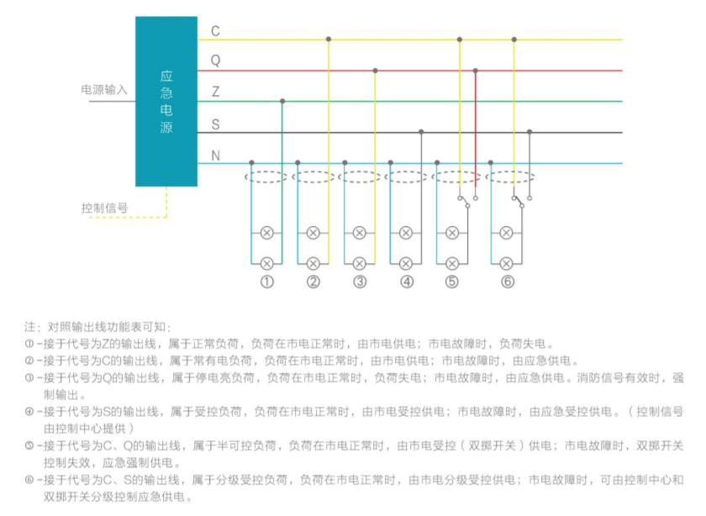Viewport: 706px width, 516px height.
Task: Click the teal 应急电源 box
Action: (x=166, y=102)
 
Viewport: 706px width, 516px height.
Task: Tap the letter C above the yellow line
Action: (x=216, y=31)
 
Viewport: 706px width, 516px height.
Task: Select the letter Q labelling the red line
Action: (x=216, y=61)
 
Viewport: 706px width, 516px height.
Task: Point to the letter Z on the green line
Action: (x=216, y=92)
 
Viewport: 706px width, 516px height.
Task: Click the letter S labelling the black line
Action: (x=216, y=124)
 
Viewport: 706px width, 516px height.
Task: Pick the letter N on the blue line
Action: (x=216, y=155)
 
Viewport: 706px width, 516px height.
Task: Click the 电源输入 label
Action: (x=104, y=90)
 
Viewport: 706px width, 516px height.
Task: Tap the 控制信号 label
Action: (x=104, y=208)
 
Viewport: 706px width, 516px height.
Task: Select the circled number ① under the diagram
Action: (x=267, y=282)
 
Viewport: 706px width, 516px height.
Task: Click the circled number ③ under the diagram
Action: (x=360, y=282)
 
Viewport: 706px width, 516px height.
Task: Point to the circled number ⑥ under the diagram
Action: (x=508, y=282)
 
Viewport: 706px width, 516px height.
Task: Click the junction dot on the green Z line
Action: (x=282, y=102)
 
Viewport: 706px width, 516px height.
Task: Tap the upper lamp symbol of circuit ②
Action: (x=313, y=234)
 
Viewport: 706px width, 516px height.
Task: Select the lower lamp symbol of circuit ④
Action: (x=406, y=263)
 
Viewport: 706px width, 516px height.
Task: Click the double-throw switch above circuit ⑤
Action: (x=467, y=201)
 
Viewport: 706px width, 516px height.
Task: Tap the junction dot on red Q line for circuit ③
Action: (x=375, y=71)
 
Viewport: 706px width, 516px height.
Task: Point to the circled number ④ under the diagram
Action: (x=407, y=282)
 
